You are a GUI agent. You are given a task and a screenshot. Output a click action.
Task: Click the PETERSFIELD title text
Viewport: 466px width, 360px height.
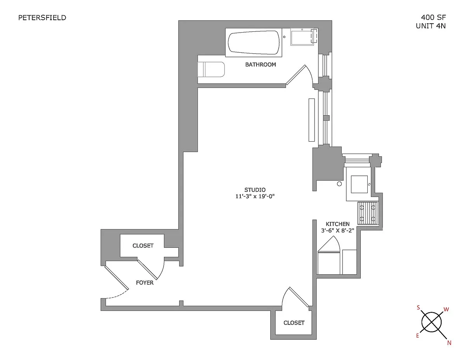(x=42, y=17)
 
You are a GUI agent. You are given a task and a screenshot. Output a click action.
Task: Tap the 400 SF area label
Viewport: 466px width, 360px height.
(x=433, y=17)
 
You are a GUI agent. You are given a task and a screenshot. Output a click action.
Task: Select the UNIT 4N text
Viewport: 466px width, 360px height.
(x=431, y=26)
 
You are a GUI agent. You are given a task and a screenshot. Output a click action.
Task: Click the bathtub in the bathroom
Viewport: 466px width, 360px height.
(x=254, y=42)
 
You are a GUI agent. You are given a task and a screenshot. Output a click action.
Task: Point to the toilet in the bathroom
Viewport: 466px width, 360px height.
(x=211, y=69)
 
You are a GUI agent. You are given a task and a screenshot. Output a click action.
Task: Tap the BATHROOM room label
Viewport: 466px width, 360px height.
(x=261, y=64)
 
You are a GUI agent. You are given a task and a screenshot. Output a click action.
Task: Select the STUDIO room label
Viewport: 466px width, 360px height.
(x=255, y=190)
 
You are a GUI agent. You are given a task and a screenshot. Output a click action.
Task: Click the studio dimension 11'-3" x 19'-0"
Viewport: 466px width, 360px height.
(x=255, y=196)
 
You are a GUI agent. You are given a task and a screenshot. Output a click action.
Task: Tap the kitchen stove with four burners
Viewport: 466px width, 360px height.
(x=368, y=213)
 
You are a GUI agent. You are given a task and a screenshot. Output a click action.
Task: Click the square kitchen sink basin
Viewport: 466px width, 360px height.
(x=359, y=184)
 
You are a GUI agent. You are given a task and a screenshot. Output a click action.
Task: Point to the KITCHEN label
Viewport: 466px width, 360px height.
(x=337, y=224)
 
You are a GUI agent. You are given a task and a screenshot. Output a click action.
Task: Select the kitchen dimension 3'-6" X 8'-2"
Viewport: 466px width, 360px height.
(x=337, y=230)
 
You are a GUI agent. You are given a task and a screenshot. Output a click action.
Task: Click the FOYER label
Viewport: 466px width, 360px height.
(x=145, y=283)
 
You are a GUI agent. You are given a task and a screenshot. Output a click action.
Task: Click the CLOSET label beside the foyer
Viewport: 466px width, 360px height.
(x=143, y=246)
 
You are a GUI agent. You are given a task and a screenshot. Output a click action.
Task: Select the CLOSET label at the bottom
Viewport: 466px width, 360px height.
(x=294, y=323)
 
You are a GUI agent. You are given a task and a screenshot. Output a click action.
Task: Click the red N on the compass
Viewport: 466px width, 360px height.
(x=449, y=343)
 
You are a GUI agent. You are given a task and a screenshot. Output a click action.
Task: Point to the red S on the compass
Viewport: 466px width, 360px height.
(x=418, y=308)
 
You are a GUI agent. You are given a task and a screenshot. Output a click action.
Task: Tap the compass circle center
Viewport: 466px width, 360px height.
(x=431, y=322)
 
